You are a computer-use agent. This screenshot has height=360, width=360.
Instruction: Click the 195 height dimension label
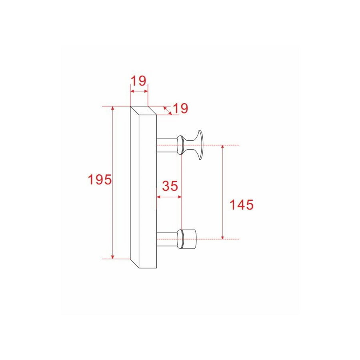(99, 180)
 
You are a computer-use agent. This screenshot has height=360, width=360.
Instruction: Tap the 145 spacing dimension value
(241, 205)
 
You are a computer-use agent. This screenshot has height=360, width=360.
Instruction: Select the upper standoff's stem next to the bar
(166, 145)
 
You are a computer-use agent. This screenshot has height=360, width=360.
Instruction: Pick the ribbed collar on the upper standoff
(181, 145)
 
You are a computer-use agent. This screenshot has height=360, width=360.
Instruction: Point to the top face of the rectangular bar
(143, 111)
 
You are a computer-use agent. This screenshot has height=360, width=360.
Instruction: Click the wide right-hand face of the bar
(147, 192)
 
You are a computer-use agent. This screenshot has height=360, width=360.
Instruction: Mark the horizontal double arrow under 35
(169, 197)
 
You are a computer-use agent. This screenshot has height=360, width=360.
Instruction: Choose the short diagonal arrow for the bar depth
(168, 111)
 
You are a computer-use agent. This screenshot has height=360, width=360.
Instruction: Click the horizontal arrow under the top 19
(139, 92)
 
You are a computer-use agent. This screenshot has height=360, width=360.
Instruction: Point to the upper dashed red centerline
(224, 145)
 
